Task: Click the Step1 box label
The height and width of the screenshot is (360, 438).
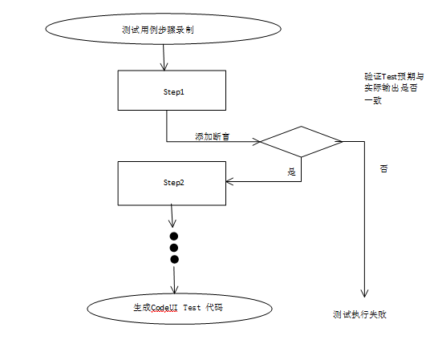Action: pyautogui.click(x=173, y=92)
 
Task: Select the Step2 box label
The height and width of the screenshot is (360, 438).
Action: pyautogui.click(x=173, y=183)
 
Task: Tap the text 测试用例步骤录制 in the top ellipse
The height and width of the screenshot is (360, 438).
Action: pyautogui.click(x=158, y=30)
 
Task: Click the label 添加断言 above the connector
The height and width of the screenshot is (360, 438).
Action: pyautogui.click(x=213, y=136)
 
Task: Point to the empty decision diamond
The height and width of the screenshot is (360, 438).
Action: pyautogui.click(x=301, y=142)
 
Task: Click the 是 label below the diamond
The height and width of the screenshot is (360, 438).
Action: pyautogui.click(x=291, y=172)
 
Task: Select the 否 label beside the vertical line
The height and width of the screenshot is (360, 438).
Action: pyautogui.click(x=383, y=168)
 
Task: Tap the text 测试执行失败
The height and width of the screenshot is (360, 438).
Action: pyautogui.click(x=359, y=314)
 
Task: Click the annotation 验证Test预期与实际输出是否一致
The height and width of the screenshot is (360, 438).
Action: pyautogui.click(x=394, y=88)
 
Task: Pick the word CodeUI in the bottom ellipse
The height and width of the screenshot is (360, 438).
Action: pyautogui.click(x=164, y=308)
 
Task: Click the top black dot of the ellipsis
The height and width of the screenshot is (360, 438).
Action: pyautogui.click(x=174, y=237)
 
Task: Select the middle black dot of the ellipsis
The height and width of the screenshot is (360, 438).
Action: pyautogui.click(x=174, y=248)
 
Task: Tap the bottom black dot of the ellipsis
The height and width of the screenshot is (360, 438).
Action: pyautogui.click(x=174, y=260)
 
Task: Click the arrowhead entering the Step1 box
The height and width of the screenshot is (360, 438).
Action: pyautogui.click(x=164, y=67)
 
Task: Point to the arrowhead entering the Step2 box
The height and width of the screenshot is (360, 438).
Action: pyautogui.click(x=229, y=181)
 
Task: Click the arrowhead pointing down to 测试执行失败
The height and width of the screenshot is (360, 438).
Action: pyautogui.click(x=364, y=293)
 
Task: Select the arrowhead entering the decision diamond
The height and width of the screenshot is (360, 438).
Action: pyautogui.click(x=257, y=142)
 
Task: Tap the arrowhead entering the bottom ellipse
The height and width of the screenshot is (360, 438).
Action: pyautogui.click(x=174, y=290)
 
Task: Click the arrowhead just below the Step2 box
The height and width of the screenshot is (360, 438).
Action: pyautogui.click(x=172, y=224)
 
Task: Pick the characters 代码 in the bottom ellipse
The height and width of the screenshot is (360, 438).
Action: pyautogui.click(x=214, y=308)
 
